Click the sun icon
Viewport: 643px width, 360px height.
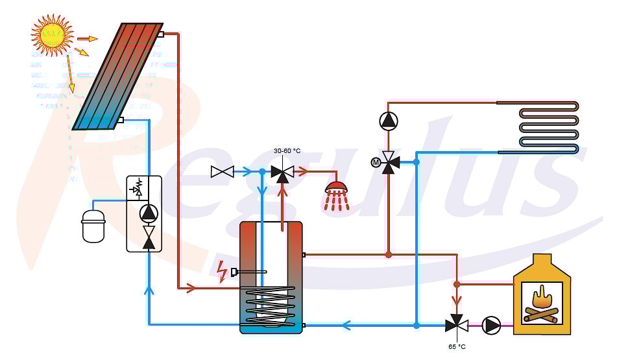coord(52,35)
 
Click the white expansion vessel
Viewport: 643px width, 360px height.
coord(93,225)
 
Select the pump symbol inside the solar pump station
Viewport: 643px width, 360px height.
coord(149,212)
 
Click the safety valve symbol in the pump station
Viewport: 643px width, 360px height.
coord(136,188)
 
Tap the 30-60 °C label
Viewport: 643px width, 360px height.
coord(287,150)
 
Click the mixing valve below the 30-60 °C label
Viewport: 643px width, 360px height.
coord(282,173)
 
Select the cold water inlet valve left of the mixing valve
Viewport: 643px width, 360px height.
coord(223,172)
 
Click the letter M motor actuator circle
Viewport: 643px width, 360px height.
coord(375,162)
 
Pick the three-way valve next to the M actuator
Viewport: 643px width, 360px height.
coord(389,162)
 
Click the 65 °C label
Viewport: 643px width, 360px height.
coord(457,347)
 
